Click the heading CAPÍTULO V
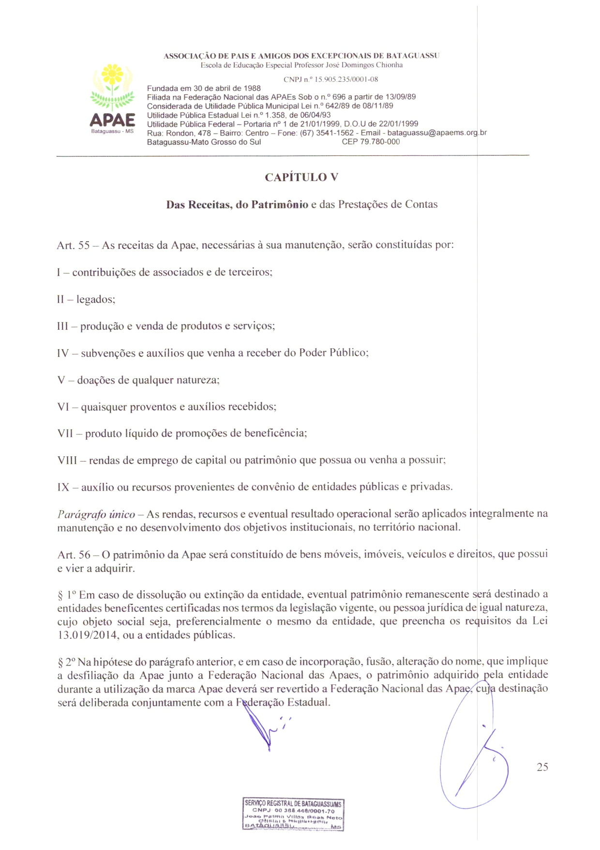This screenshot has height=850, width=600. (x=301, y=177)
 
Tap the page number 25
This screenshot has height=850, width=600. (x=542, y=767)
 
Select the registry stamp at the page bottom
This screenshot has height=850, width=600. (x=293, y=815)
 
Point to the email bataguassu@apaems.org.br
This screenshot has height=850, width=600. (x=437, y=133)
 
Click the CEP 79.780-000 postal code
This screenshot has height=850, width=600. (x=371, y=142)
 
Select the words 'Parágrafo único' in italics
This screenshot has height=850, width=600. (x=96, y=514)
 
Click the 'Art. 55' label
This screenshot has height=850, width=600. (x=73, y=245)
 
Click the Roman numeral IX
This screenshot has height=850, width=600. (x=63, y=487)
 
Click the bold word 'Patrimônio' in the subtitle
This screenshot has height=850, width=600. (x=279, y=204)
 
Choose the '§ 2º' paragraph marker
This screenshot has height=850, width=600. (x=66, y=662)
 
